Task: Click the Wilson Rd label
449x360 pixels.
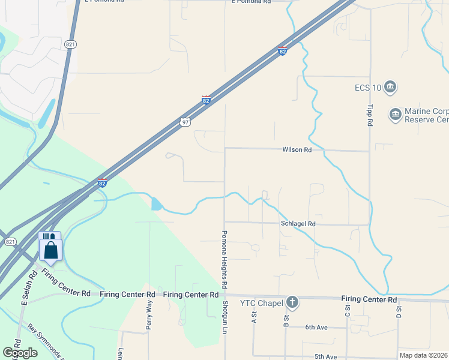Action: [x=297, y=149]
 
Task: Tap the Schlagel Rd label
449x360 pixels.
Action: [x=298, y=224]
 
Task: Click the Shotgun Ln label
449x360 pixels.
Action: [x=226, y=321]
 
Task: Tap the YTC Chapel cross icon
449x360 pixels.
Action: [x=292, y=302]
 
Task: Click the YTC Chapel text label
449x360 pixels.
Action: [x=261, y=303]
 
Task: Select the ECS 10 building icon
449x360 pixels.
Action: [x=390, y=88]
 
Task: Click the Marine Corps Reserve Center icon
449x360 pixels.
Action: [x=395, y=114]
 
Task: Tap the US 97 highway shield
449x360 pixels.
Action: [x=185, y=122]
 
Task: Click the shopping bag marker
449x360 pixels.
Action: [x=51, y=250]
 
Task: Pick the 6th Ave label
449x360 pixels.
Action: [x=316, y=327]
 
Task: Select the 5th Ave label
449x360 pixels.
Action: [x=325, y=356]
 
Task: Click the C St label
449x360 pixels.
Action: [x=347, y=310]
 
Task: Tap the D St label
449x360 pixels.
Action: [x=398, y=310]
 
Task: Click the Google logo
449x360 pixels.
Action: [x=20, y=353]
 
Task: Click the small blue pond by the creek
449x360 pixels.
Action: [x=157, y=204]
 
